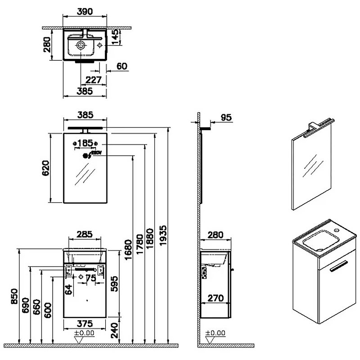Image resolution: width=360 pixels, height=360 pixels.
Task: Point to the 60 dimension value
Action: [121, 66]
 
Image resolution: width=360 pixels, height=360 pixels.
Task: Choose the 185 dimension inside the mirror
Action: [85, 143]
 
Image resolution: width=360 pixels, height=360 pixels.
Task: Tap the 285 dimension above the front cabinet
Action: [85, 234]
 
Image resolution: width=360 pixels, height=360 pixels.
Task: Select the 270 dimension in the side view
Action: [215, 297]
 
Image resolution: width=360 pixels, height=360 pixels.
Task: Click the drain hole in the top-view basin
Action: [80, 45]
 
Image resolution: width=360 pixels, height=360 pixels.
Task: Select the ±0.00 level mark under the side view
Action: [215, 333]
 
